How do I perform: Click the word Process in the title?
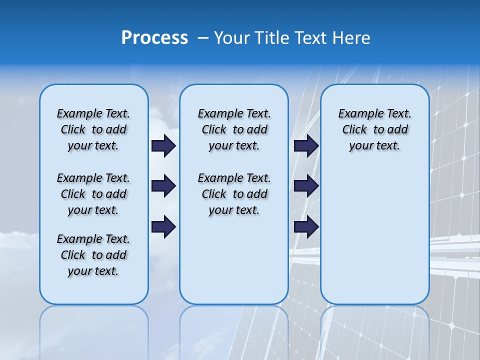tap(154, 37)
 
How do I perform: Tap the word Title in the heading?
tap(273, 37)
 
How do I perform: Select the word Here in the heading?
tap(351, 37)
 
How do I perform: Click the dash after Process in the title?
tap(202, 38)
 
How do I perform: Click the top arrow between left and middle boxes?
tap(163, 145)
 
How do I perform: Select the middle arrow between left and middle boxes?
tap(163, 186)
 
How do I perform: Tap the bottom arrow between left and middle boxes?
tap(163, 226)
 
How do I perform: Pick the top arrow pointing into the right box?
tap(306, 145)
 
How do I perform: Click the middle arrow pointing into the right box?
tap(306, 186)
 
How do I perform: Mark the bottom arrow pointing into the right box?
tap(306, 226)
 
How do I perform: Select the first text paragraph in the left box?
tap(93, 129)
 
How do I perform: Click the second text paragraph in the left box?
tap(93, 194)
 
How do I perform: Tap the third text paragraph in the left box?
tap(93, 255)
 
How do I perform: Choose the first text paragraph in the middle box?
tap(234, 129)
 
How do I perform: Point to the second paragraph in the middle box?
tap(234, 194)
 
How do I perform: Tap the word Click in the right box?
tap(354, 130)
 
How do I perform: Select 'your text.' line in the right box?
tap(374, 146)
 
